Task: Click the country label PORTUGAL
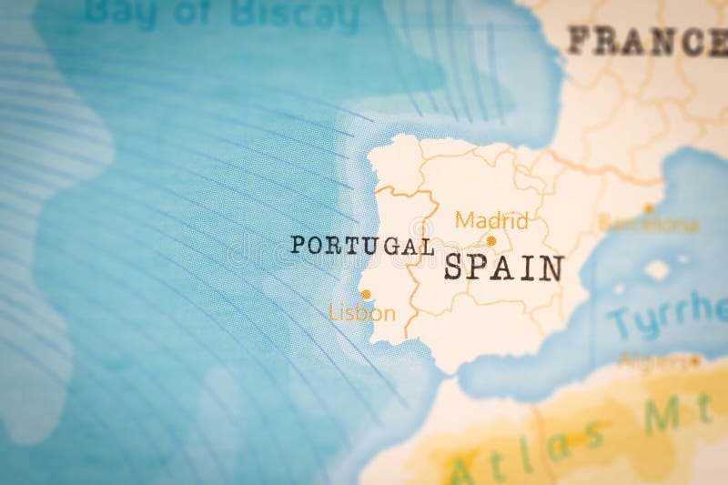[x=361, y=246]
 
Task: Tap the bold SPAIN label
[x=503, y=268]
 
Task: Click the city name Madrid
[x=491, y=220]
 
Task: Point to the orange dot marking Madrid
[x=491, y=241]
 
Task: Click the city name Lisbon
[x=362, y=314]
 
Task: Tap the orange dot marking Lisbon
[x=366, y=294]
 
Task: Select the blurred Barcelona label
[x=649, y=225]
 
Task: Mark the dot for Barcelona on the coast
[x=649, y=208]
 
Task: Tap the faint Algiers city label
[x=652, y=361]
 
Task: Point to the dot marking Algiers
[x=694, y=361]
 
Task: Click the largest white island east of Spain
[x=657, y=269]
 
